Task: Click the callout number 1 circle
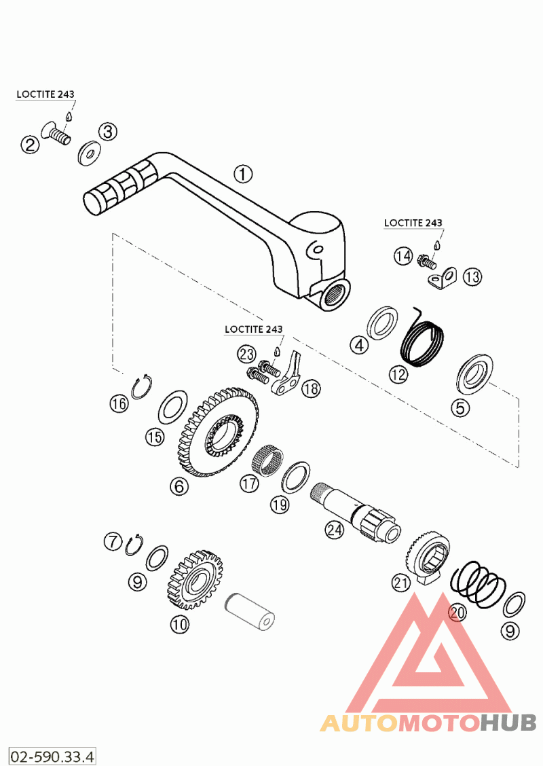(x=243, y=174)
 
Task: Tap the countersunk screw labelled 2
(x=56, y=132)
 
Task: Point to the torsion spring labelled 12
(x=422, y=340)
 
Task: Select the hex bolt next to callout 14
(x=426, y=262)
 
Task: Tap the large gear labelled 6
(x=218, y=432)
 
